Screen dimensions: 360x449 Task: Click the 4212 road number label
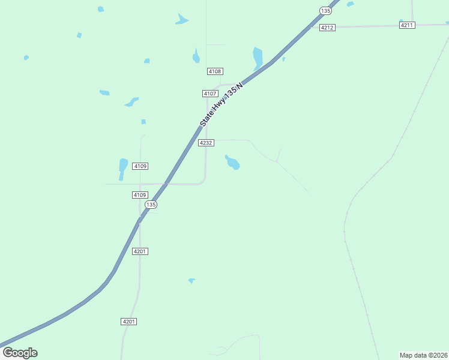(327, 28)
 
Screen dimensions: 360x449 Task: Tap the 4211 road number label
(407, 25)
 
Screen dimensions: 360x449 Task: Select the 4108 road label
(215, 71)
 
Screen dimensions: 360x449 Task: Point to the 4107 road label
(209, 94)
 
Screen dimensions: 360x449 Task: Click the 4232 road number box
(206, 143)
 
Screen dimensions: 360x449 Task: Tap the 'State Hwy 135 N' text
(223, 104)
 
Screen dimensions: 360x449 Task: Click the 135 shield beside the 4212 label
(325, 11)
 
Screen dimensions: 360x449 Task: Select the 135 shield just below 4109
(150, 205)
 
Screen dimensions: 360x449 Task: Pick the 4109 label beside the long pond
(140, 166)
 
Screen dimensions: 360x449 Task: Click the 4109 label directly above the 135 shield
(140, 195)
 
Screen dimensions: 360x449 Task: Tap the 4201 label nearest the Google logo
(129, 322)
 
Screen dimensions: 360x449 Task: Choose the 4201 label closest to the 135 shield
(140, 251)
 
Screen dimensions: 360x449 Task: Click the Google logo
(20, 353)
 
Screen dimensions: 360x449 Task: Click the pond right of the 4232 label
(232, 162)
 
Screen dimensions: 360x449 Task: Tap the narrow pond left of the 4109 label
(123, 167)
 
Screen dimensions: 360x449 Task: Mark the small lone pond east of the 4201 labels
(191, 280)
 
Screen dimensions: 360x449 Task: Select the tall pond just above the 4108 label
(196, 56)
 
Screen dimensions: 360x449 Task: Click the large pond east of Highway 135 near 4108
(258, 58)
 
